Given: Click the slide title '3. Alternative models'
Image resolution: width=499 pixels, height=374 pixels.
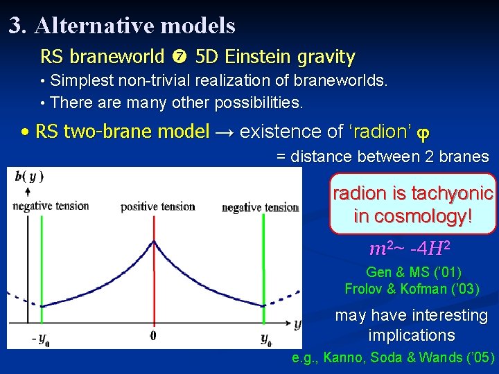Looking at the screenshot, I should [x=122, y=26].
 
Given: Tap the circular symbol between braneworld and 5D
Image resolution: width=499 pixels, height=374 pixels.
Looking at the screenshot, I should [x=180, y=57].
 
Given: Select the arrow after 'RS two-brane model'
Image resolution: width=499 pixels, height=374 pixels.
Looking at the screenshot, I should [x=222, y=132].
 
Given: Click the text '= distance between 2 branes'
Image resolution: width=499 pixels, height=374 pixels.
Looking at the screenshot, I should [x=383, y=157].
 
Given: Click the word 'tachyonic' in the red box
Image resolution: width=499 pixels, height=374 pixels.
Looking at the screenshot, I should [x=453, y=193].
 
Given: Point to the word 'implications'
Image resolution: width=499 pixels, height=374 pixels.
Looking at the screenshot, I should [x=411, y=336].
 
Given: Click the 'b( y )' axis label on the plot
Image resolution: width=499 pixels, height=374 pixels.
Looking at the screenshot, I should [x=29, y=176].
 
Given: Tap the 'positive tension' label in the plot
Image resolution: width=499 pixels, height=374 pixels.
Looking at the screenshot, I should [x=157, y=206].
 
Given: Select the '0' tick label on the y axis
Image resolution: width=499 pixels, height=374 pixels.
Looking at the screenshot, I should [x=154, y=336].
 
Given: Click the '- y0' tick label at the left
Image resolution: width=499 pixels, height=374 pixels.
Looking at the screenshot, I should [x=40, y=339].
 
